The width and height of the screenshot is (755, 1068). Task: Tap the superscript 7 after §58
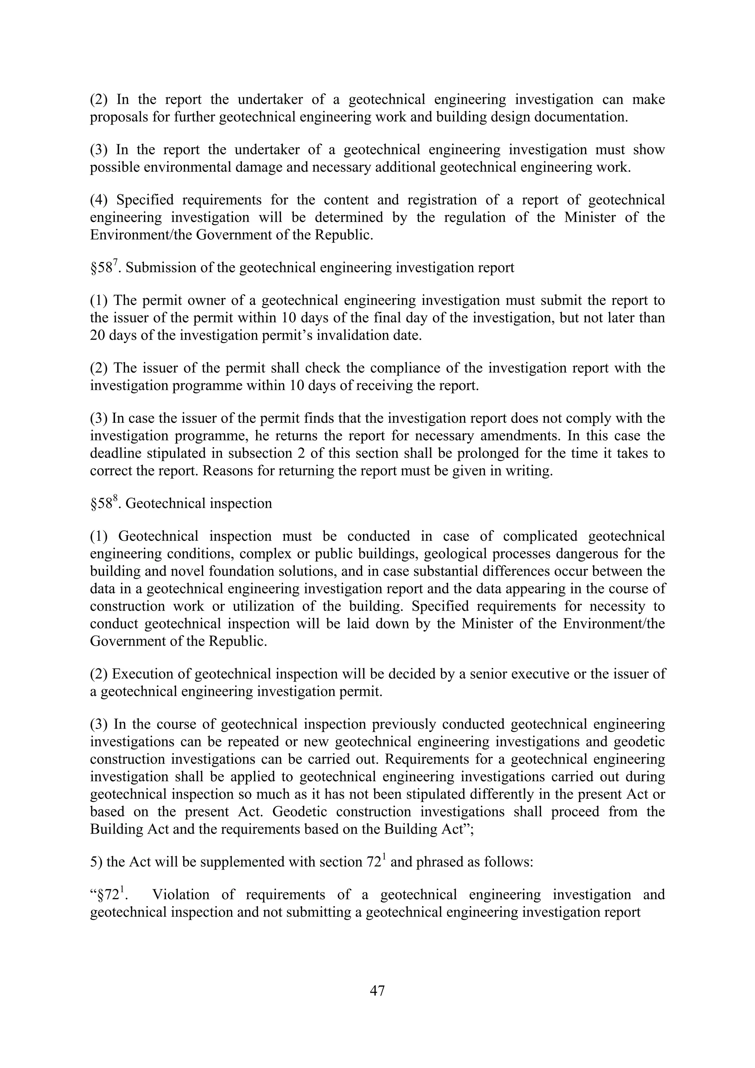tap(115, 263)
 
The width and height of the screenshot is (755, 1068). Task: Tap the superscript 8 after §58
tap(115, 499)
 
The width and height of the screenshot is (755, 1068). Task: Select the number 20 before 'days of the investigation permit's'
tap(98, 335)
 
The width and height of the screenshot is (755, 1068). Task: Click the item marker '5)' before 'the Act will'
tap(96, 862)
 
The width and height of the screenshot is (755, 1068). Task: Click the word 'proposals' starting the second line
tap(119, 117)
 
